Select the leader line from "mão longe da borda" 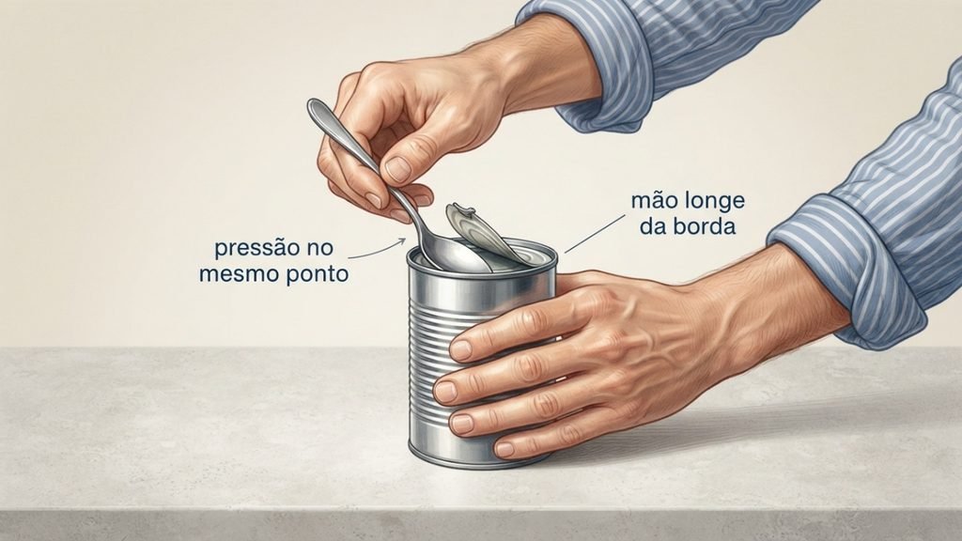595,233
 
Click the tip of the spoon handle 313,104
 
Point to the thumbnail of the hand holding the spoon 398,169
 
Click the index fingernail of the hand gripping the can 460,349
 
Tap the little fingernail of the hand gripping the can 504,449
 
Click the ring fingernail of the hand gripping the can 461,423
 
